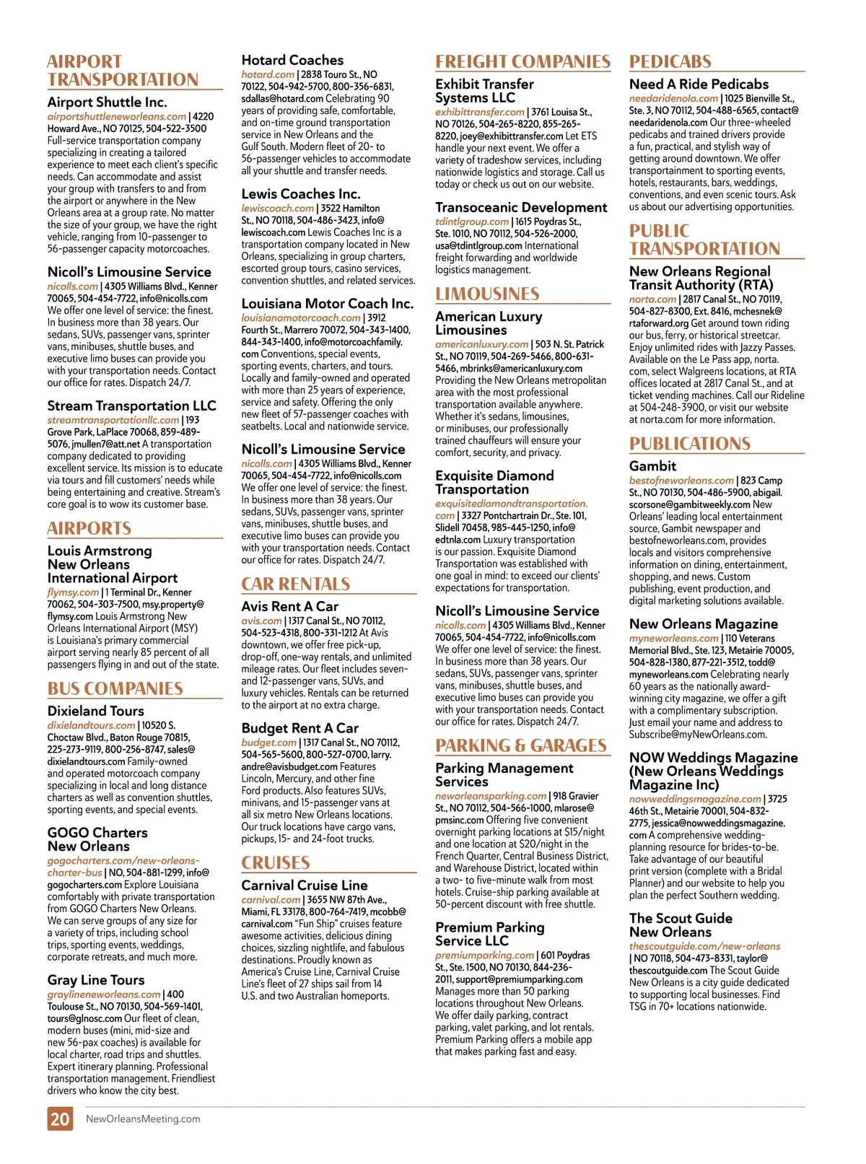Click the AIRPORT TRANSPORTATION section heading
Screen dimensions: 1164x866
click(x=123, y=71)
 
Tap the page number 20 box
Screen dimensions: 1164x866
click(x=60, y=1119)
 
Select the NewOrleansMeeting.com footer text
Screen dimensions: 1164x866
click(x=143, y=1119)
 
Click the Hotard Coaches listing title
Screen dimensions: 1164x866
click(x=292, y=60)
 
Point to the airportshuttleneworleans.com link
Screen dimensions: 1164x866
click(x=117, y=116)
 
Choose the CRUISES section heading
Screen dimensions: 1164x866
click(x=276, y=862)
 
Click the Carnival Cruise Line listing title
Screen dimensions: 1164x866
click(x=305, y=885)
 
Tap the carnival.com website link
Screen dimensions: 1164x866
click(x=271, y=900)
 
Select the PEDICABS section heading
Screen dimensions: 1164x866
click(x=670, y=61)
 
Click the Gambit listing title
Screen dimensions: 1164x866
click(x=652, y=466)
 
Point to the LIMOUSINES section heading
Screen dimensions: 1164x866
click(x=487, y=294)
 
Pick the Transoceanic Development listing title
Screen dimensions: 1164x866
click(x=521, y=208)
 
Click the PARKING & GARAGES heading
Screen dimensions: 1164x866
click(x=521, y=745)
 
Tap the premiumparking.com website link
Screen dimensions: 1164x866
click(x=484, y=955)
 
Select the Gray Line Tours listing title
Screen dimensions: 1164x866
click(x=96, y=980)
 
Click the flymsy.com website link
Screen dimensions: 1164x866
click(x=73, y=592)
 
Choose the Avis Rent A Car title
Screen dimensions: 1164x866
click(x=289, y=607)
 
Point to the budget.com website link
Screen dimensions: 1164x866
click(x=268, y=743)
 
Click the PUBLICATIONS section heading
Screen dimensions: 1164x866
click(x=690, y=444)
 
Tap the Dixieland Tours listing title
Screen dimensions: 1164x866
click(x=96, y=711)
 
